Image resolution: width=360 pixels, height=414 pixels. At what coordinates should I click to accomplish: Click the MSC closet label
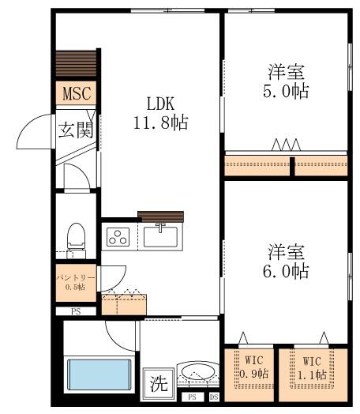(77, 93)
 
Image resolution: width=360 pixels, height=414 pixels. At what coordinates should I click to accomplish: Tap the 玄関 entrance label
(76, 130)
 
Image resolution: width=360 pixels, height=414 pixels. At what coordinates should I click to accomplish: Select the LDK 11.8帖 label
(160, 113)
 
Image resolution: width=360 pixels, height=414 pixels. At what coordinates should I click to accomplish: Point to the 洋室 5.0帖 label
(286, 81)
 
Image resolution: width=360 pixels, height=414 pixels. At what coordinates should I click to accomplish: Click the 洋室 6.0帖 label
(286, 262)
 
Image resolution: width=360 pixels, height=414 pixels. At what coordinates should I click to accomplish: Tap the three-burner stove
(118, 237)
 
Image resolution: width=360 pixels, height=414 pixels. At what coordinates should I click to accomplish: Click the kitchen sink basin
(160, 237)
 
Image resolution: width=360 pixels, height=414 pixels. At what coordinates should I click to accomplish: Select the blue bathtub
(99, 374)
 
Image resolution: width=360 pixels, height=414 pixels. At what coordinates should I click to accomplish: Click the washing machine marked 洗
(159, 383)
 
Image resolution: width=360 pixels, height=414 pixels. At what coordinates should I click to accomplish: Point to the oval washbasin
(198, 372)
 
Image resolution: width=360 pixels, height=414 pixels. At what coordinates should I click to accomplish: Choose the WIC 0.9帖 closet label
(253, 367)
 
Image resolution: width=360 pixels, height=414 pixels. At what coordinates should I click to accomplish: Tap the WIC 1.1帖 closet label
(312, 368)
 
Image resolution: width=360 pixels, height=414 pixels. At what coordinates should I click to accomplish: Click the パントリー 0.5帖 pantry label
(76, 282)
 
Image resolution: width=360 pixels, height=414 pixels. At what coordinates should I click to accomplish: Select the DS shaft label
(214, 397)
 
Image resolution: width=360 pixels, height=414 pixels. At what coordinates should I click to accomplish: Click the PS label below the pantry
(76, 311)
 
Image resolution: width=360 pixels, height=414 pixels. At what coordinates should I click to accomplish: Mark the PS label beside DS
(193, 397)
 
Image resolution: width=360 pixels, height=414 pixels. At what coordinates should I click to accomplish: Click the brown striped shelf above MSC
(76, 63)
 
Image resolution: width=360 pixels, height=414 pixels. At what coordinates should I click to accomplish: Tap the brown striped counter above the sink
(161, 216)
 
